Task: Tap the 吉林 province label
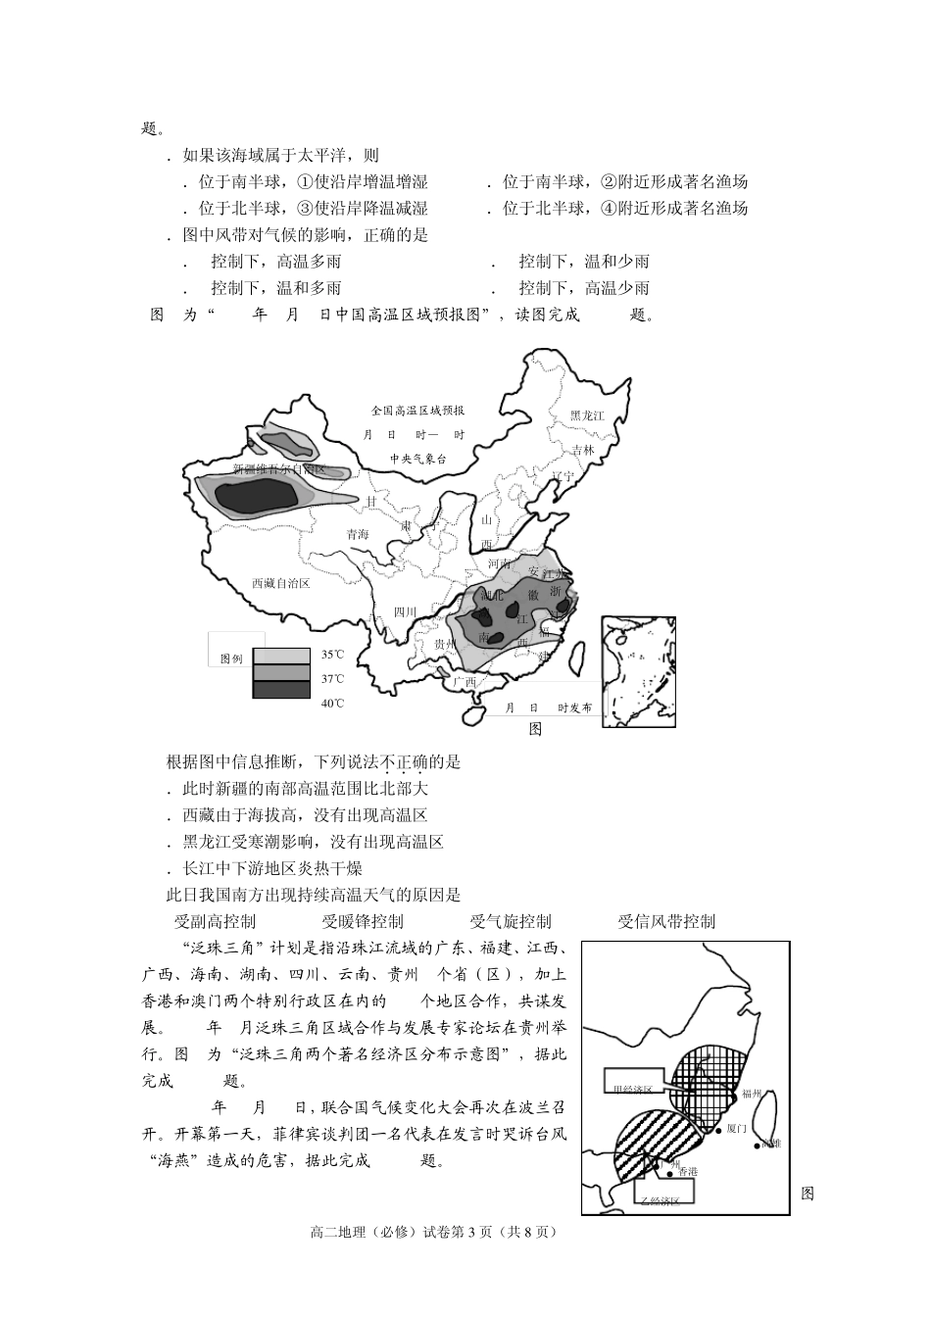click(583, 450)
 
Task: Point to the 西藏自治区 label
click(280, 582)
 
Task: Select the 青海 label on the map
click(358, 534)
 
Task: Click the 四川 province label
click(405, 611)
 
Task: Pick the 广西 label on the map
click(463, 681)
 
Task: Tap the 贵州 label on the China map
click(445, 644)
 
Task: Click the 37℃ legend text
click(333, 678)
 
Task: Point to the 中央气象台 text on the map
click(417, 458)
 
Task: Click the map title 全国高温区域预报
click(417, 410)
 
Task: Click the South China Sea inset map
click(638, 670)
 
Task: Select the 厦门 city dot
click(719, 1129)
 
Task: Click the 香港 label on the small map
click(687, 1171)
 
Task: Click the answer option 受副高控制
click(215, 921)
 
